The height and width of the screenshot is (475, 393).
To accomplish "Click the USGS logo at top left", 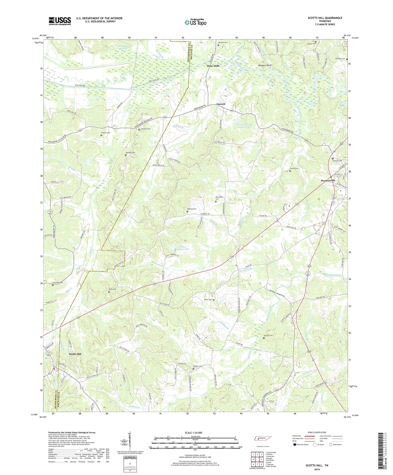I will pyautogui.click(x=60, y=21).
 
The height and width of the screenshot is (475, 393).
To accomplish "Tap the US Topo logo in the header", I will pyautogui.click(x=195, y=23).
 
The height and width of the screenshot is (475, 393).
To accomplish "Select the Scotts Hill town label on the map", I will pyautogui.click(x=75, y=354).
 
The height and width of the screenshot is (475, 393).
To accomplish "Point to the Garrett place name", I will pyautogui.click(x=221, y=104).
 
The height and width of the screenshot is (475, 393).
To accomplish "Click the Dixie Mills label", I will pyautogui.click(x=213, y=66).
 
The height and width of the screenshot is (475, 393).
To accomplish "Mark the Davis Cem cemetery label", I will pyautogui.click(x=208, y=300).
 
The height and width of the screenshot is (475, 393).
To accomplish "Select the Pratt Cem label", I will pyautogui.click(x=112, y=289).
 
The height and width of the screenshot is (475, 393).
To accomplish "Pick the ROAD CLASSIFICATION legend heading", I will pyautogui.click(x=317, y=432).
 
